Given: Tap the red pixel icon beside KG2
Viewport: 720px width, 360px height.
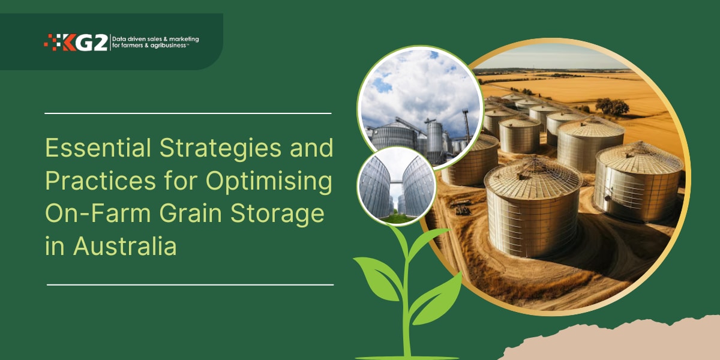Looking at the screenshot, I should click(53, 42).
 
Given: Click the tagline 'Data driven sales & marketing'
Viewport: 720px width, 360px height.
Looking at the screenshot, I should click(155, 39).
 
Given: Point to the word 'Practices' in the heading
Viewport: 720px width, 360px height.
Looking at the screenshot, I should click(105, 182).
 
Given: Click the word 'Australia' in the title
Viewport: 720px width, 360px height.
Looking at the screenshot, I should click(125, 247).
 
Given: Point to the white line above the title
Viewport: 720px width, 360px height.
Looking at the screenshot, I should click(188, 113).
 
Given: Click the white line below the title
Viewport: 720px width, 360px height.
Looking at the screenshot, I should click(190, 284).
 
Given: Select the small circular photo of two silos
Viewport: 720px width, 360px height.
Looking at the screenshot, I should click(396, 185).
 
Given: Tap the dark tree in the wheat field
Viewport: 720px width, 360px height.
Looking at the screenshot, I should click(612, 106).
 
